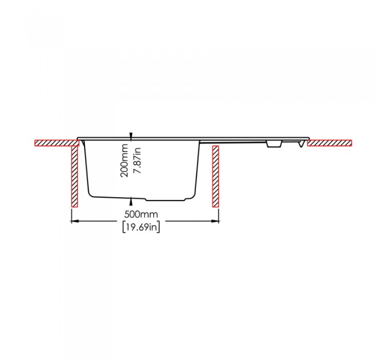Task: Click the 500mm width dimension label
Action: pos(141,214)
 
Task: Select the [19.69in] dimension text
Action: pos(141,227)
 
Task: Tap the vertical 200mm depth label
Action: pos(124,161)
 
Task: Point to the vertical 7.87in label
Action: pos(137,161)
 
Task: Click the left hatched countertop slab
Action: pos(57,143)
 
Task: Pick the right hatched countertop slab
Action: pos(330,143)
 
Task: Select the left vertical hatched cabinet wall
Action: pos(75,176)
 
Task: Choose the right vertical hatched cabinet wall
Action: pos(216,176)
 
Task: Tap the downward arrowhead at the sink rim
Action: pos(131,135)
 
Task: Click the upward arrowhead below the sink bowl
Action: pos(131,202)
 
